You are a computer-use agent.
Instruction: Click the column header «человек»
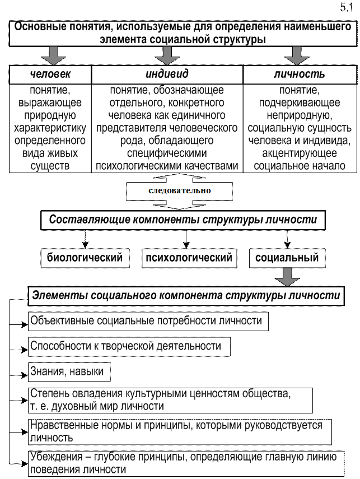coord(50,75)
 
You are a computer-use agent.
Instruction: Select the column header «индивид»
coord(167,75)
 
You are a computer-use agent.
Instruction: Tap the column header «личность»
coord(299,75)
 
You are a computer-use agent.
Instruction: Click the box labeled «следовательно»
coord(179,190)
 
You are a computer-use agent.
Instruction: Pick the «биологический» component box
coord(85,258)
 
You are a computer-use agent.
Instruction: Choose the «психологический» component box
coord(189,258)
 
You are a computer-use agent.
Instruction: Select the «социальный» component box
coord(287,258)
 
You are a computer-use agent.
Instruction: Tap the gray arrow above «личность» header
coord(297,55)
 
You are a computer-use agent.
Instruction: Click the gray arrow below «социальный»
coord(287,278)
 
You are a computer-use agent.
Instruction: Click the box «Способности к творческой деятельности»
coord(126,346)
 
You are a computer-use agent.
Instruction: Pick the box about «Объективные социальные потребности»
coord(146,321)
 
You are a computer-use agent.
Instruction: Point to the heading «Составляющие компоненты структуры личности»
coord(183,220)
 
